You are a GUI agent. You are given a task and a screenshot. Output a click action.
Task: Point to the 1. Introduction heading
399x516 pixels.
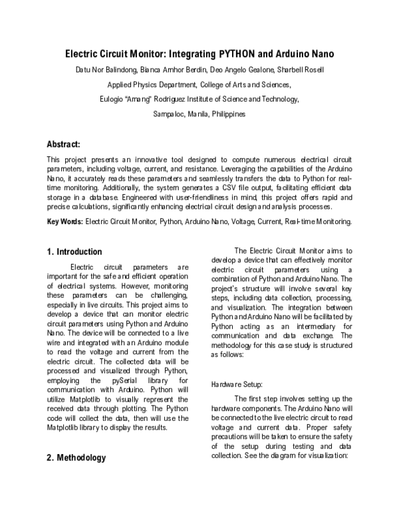pyautogui.click(x=74, y=252)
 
